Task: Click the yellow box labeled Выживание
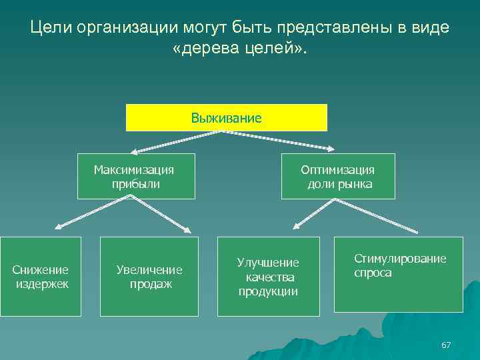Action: tap(227, 118)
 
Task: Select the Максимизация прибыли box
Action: tap(136, 177)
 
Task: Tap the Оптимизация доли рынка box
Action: tap(338, 177)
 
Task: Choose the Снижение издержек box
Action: tap(41, 277)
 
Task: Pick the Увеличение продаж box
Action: tap(149, 277)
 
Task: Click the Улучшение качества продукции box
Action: tap(269, 277)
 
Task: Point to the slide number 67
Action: tap(446, 345)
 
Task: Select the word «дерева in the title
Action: tap(204, 50)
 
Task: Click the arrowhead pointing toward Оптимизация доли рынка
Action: tap(331, 149)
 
